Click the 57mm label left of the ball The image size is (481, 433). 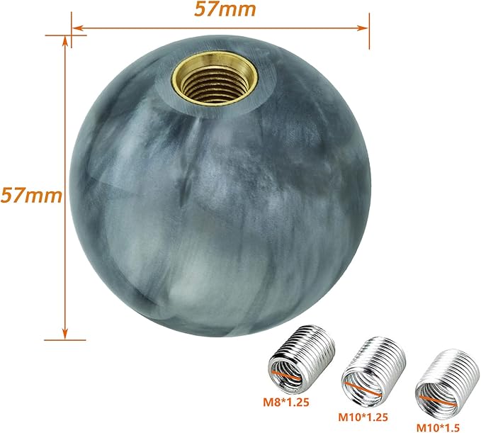(30, 194)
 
